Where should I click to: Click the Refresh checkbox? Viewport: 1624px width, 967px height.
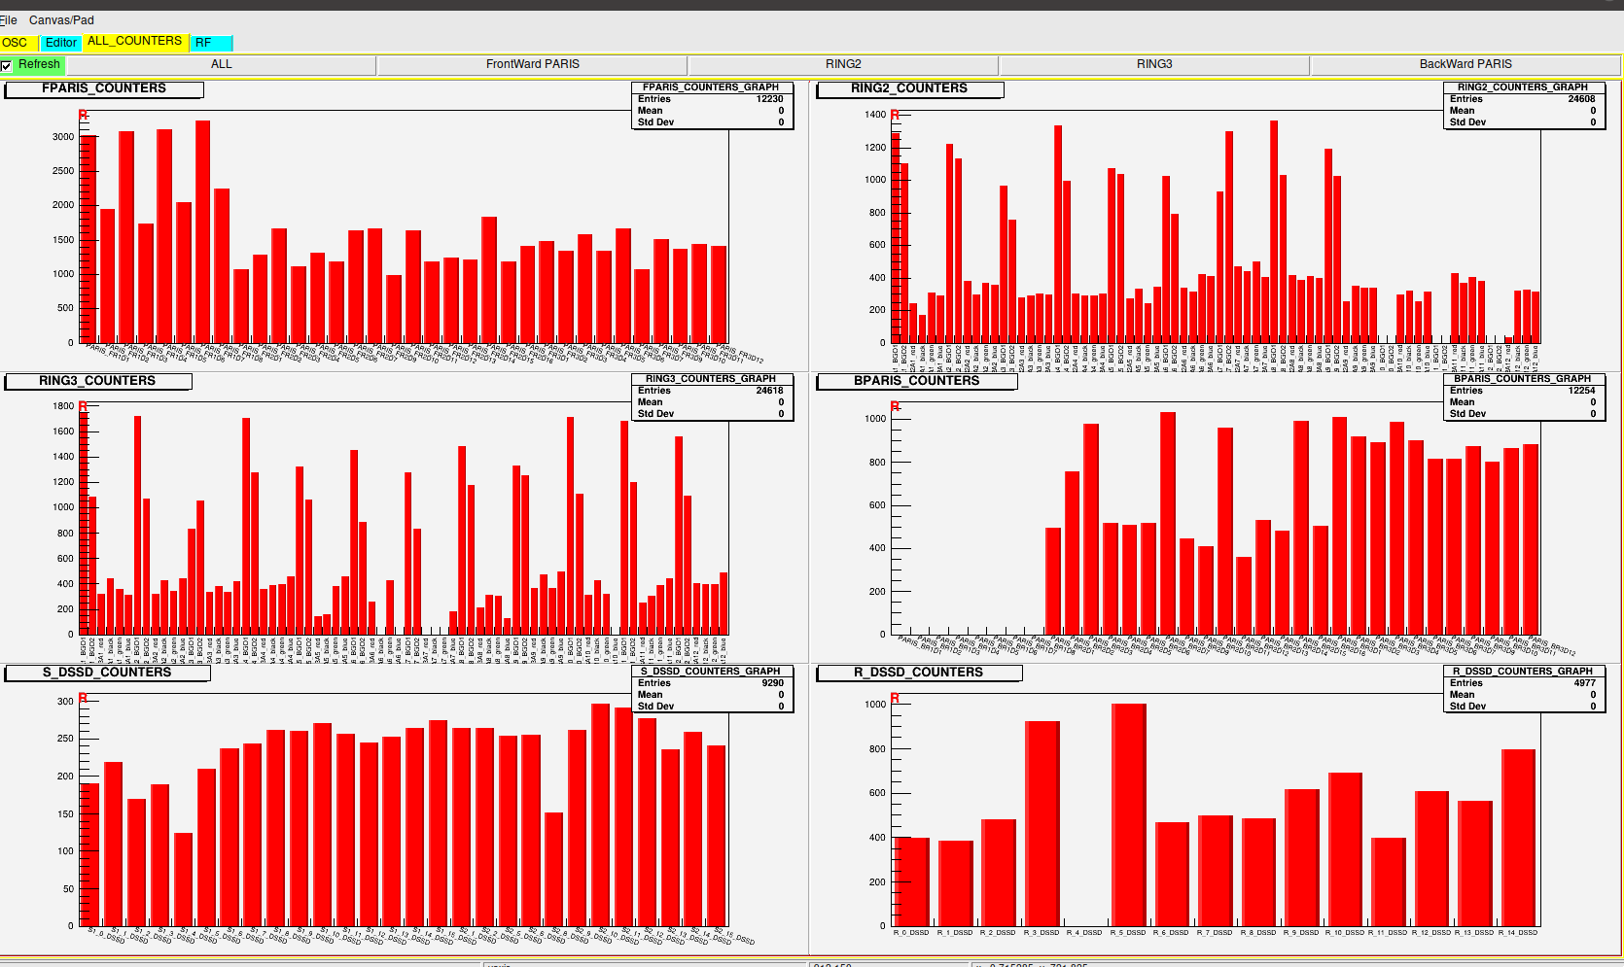[x=7, y=65]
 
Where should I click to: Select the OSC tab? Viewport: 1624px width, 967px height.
[x=16, y=43]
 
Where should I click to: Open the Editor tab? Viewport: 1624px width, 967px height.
[x=60, y=43]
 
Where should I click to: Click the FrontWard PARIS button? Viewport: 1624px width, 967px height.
[x=532, y=64]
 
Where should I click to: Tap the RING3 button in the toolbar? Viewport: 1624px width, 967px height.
[x=1154, y=64]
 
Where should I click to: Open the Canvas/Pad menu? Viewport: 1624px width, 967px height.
[x=61, y=19]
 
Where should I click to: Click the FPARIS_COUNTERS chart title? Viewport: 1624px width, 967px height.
[x=103, y=88]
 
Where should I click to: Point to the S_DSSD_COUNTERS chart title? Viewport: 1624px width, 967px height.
[x=106, y=673]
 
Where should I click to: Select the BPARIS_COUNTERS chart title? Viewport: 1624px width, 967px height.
[x=916, y=381]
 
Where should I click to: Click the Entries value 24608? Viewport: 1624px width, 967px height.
[x=1581, y=99]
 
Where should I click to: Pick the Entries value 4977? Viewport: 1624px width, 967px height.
[x=1585, y=683]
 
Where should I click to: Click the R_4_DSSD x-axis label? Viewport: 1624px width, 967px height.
[x=1085, y=933]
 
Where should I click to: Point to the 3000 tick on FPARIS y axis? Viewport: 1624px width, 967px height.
[x=63, y=137]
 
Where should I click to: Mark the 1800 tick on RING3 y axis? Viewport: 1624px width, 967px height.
[x=63, y=406]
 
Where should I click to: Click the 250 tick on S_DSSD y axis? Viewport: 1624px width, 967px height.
[x=65, y=739]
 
